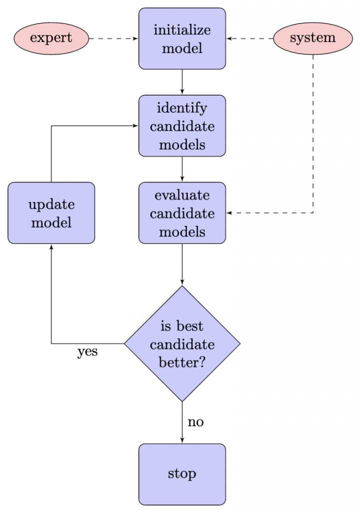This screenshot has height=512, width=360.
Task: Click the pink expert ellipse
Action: click(51, 38)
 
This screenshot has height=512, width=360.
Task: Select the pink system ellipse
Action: click(313, 38)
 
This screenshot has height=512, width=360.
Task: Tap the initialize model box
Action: click(182, 38)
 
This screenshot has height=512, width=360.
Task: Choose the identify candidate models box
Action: click(182, 125)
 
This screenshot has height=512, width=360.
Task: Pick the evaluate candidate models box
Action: click(182, 213)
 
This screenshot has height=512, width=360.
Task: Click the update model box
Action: click(51, 213)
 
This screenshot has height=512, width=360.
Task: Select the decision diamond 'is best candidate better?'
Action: click(182, 343)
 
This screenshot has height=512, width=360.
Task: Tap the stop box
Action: click(182, 474)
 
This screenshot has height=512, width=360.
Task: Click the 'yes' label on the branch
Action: click(87, 352)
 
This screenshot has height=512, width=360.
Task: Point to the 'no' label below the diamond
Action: click(195, 422)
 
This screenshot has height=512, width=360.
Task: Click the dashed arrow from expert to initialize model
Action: click(113, 38)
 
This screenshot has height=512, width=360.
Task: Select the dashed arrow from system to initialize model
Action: click(249, 38)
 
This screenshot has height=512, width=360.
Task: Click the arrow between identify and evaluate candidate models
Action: click(182, 169)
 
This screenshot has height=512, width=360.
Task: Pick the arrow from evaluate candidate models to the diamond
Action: click(182, 264)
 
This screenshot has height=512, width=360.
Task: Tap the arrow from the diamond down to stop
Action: click(182, 422)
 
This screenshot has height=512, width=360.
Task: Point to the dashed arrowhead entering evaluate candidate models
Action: click(228, 213)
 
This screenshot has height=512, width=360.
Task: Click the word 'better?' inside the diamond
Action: click(182, 362)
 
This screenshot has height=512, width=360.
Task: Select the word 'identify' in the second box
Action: click(182, 108)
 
